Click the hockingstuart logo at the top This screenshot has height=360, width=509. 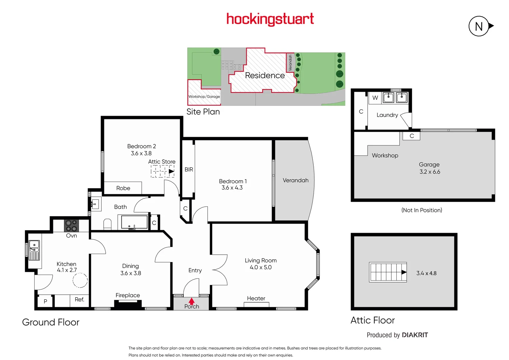coord(270,19)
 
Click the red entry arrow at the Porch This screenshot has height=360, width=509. coord(192,301)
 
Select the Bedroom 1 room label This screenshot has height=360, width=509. coord(233,181)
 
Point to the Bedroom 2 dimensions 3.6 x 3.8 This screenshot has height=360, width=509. coord(141,153)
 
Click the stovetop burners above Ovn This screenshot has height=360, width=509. coord(71,226)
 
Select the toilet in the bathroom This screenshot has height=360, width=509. coord(107,224)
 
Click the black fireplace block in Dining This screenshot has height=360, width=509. coord(128,304)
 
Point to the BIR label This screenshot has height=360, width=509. coord(189,169)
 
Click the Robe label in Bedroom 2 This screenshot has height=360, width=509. coord(123,188)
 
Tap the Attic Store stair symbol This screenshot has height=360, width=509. coord(163,171)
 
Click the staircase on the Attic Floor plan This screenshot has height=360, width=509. coord(388,272)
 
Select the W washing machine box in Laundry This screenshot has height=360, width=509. coord(375,98)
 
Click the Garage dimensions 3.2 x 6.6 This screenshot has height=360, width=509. coord(430,172)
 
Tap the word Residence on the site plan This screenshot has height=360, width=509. coord(265,75)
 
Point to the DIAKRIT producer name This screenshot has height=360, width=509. coord(415,335)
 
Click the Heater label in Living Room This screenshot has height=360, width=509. coord(256,298)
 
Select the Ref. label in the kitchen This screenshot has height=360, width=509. coord(79,299)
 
